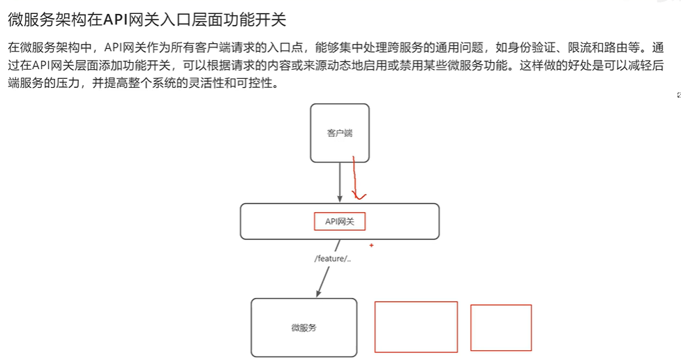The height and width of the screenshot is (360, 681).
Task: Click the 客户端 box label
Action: [x=339, y=133]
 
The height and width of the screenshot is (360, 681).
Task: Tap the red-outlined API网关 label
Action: [x=340, y=221]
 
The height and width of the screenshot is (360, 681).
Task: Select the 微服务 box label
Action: [x=304, y=327]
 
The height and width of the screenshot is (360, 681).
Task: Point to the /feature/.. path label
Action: [x=332, y=258]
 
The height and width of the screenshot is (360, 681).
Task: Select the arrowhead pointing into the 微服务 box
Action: [x=320, y=291]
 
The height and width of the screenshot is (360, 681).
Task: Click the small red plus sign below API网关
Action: [x=371, y=246]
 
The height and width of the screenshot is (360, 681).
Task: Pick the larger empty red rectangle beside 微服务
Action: [x=416, y=327]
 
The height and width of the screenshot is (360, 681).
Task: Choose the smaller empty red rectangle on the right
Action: [x=500, y=327]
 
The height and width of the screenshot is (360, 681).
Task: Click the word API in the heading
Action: [x=115, y=20]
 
